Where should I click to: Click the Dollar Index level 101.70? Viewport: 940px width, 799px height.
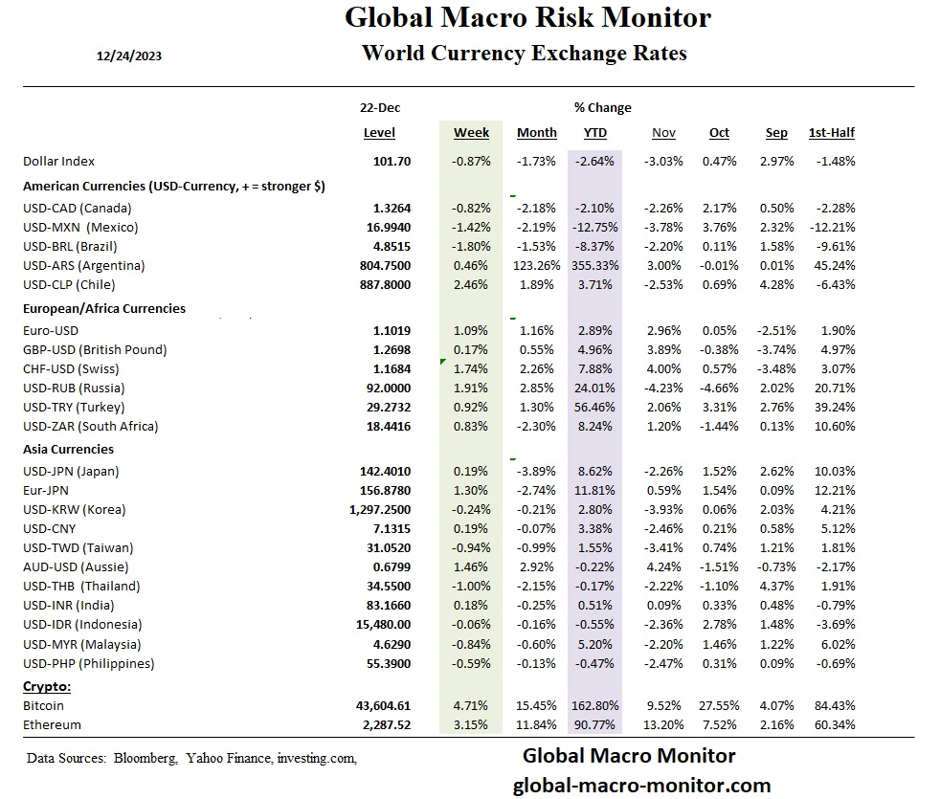click(392, 162)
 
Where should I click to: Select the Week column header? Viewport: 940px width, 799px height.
click(471, 133)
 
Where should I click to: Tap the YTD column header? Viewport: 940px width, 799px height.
click(594, 133)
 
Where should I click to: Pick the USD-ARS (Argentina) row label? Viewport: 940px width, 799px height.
click(83, 265)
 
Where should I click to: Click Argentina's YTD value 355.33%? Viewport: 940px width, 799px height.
click(594, 265)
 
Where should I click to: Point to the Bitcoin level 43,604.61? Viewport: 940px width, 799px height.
click(383, 705)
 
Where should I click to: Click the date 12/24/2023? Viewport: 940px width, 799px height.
click(129, 55)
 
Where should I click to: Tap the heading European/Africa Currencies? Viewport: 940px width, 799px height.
click(104, 309)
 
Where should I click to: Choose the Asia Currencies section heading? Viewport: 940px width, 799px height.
click(68, 449)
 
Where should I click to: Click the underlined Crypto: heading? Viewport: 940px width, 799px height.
click(47, 686)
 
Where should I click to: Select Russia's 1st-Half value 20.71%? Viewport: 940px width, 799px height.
click(832, 388)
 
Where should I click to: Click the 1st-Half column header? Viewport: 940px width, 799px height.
click(832, 133)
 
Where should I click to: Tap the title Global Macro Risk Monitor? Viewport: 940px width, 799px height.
click(527, 18)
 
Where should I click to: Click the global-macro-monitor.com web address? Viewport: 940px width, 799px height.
click(641, 786)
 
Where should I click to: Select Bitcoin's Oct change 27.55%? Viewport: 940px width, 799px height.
click(720, 705)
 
